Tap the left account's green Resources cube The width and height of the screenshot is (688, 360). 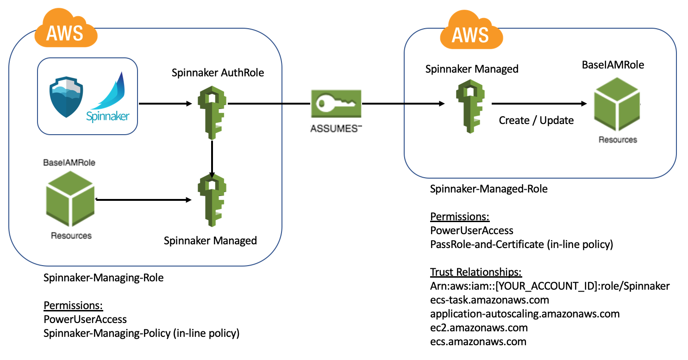click(70, 198)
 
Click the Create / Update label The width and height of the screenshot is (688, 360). click(536, 120)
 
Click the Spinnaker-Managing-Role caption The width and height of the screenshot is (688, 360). click(103, 278)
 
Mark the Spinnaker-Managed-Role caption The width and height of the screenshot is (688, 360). click(488, 189)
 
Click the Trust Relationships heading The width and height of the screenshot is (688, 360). click(476, 272)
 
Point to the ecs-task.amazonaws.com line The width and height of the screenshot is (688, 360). click(489, 300)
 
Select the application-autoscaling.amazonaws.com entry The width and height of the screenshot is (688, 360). click(525, 314)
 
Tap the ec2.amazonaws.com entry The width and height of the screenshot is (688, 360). click(479, 328)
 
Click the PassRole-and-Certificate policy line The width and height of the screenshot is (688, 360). click(521, 244)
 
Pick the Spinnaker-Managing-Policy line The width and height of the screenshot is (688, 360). click(141, 333)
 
